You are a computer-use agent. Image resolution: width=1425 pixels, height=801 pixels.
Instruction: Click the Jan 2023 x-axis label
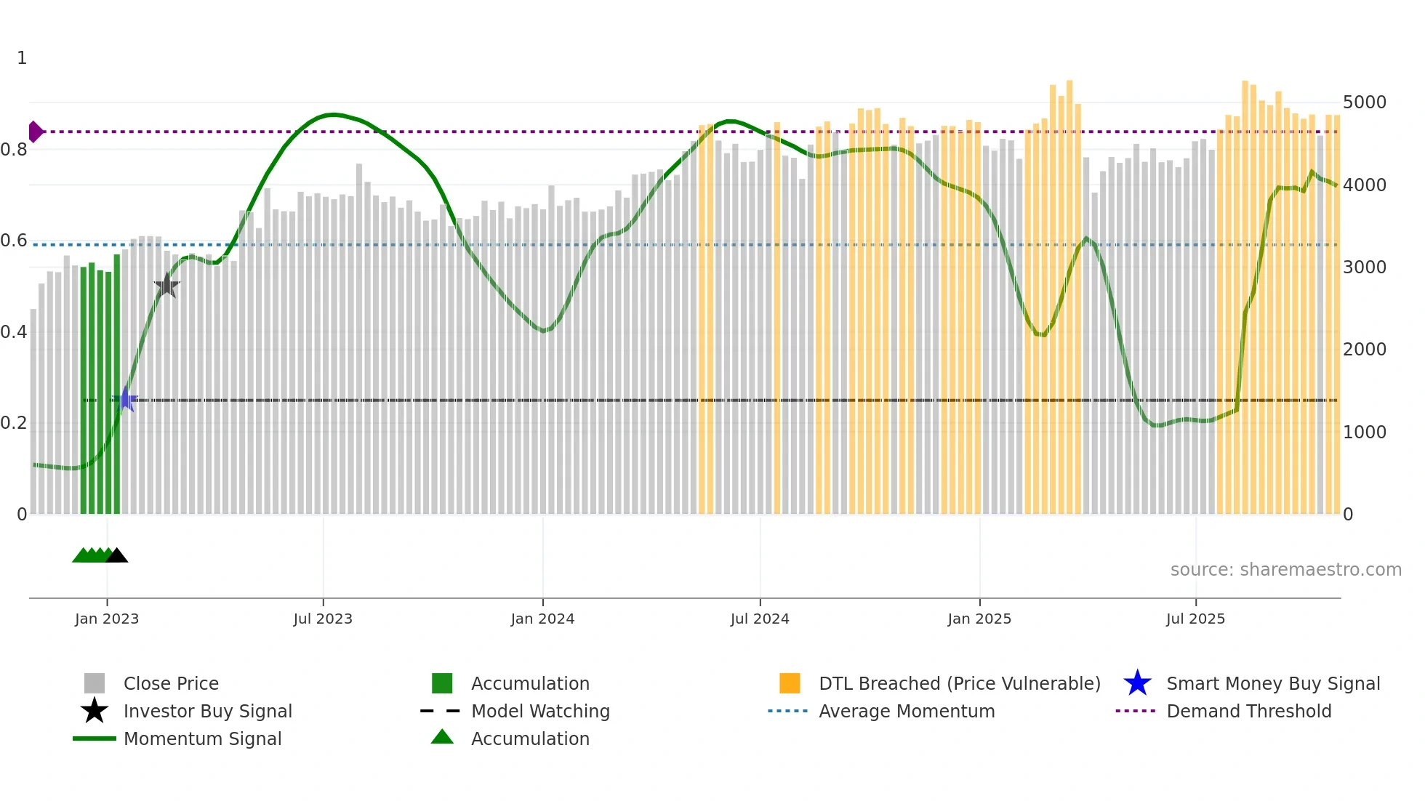(x=106, y=619)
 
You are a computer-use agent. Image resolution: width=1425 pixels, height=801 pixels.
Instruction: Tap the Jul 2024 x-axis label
(x=759, y=619)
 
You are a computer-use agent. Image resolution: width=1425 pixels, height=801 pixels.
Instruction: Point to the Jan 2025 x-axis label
(x=979, y=619)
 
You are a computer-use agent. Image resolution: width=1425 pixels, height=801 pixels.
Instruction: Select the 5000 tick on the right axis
(x=1364, y=102)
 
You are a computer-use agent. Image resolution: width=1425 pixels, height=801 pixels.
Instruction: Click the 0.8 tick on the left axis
(x=14, y=150)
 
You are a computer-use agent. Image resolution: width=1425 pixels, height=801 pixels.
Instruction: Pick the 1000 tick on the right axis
(x=1364, y=432)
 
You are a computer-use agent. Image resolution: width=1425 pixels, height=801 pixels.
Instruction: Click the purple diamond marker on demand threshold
(x=35, y=132)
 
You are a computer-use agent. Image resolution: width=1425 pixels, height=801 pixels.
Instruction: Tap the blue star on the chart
(x=126, y=399)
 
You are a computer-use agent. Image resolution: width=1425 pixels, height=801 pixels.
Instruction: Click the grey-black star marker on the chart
(x=166, y=286)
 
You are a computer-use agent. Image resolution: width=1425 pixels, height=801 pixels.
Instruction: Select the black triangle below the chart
(x=117, y=556)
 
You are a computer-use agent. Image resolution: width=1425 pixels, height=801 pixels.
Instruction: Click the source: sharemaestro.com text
(x=1285, y=570)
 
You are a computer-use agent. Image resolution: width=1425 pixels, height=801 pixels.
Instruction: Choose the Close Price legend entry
(x=171, y=683)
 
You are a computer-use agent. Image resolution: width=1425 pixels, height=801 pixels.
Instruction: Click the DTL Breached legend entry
(x=959, y=683)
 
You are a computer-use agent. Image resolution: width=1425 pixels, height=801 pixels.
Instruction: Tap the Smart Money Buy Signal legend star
(x=1137, y=683)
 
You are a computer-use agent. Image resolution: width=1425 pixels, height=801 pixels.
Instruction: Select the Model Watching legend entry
(x=539, y=711)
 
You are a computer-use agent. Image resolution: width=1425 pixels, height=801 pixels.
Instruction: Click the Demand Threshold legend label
(x=1248, y=711)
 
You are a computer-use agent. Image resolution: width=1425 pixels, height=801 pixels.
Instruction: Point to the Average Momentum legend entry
(x=906, y=711)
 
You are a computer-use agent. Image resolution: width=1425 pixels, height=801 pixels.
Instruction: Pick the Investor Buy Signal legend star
(x=95, y=711)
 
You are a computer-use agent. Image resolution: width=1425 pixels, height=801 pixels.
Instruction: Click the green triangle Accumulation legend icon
(x=442, y=737)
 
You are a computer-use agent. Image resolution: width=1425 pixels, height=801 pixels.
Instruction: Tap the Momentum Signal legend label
(x=202, y=738)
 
